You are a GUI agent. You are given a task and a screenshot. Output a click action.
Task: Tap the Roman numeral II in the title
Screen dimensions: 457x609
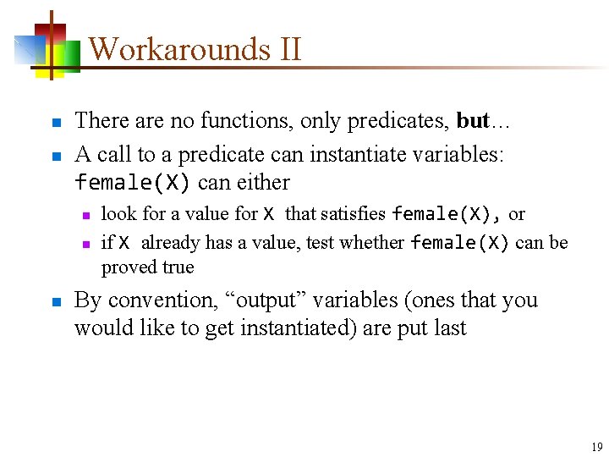pos(287,49)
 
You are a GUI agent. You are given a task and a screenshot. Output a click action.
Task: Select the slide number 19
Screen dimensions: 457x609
pos(597,447)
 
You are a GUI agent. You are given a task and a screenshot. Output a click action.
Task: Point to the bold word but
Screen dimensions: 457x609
pos(473,121)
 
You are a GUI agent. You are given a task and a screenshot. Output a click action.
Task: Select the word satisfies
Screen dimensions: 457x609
pos(353,214)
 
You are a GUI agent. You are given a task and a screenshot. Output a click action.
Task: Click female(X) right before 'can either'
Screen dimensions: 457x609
pos(133,183)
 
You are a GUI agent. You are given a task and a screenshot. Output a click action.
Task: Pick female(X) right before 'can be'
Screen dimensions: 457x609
pos(459,244)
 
